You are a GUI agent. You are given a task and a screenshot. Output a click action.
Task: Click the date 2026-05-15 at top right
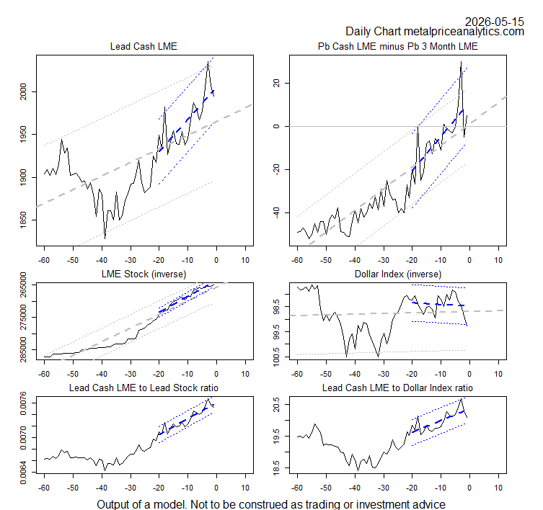[x=494, y=22]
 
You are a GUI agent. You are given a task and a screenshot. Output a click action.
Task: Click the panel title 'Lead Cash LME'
[x=144, y=46]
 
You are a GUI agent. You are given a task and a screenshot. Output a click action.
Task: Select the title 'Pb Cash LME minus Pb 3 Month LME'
[x=398, y=46]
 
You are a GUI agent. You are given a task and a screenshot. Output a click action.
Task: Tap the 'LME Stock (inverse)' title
[x=144, y=274]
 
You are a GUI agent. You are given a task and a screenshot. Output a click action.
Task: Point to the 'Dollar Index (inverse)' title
[x=398, y=274]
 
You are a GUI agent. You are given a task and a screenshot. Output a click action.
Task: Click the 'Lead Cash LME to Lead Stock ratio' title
[x=144, y=388]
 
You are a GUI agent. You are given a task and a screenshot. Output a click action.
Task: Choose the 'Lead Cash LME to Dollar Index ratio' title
[x=397, y=388]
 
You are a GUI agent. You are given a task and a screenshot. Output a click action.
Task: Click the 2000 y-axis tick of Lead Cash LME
[x=24, y=91]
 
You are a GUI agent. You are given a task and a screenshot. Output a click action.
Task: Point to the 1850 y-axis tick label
[x=24, y=220]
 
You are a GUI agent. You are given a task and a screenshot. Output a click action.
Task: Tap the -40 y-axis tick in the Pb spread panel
[x=276, y=212]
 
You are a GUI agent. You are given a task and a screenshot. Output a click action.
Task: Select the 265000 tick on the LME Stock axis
[x=24, y=284]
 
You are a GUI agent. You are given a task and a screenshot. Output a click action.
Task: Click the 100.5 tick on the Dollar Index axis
[x=276, y=357]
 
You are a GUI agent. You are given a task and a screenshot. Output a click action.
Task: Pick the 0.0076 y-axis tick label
[x=24, y=403]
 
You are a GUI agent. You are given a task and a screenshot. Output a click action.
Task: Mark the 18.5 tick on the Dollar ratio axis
[x=276, y=467]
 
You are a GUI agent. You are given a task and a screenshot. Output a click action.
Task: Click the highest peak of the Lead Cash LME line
[x=208, y=61]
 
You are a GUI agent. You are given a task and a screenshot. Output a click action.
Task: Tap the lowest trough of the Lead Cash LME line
[x=105, y=238]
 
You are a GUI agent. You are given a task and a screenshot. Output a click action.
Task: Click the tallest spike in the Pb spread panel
[x=461, y=61]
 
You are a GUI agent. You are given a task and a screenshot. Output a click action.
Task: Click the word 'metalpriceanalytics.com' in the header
[x=464, y=32]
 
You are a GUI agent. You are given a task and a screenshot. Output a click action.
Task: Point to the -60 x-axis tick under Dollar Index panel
[x=297, y=374]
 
